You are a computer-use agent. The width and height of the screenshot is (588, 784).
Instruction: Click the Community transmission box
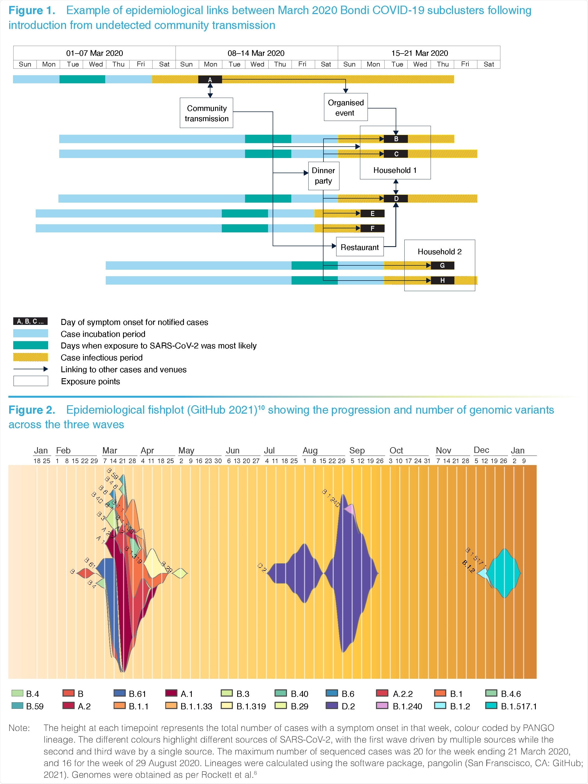coord(206,113)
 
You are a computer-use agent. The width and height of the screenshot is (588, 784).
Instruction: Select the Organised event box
coord(346,107)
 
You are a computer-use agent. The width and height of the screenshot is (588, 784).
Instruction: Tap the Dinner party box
coord(323,176)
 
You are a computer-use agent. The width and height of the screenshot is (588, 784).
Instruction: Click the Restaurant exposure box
coord(359,247)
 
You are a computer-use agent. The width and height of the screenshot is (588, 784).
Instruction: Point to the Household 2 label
coord(440,252)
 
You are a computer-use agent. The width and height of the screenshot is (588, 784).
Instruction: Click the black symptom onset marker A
coord(210,80)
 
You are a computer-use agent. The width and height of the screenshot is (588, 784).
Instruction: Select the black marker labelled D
coord(396,199)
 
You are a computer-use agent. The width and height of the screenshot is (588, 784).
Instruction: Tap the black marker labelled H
coord(442,280)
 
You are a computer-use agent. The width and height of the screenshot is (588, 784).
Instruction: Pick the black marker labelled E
coord(372,213)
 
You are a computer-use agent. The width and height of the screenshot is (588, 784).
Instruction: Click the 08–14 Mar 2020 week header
coord(256,53)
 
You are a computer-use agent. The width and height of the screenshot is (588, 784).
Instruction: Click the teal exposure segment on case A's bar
coord(82,79)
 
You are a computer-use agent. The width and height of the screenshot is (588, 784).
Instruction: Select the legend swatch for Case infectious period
coord(31,357)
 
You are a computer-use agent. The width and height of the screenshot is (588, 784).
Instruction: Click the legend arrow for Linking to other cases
coord(31,369)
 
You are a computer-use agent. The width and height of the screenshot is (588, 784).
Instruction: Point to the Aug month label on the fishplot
coord(310,450)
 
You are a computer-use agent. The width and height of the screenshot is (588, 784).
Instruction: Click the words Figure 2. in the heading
coord(32,410)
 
